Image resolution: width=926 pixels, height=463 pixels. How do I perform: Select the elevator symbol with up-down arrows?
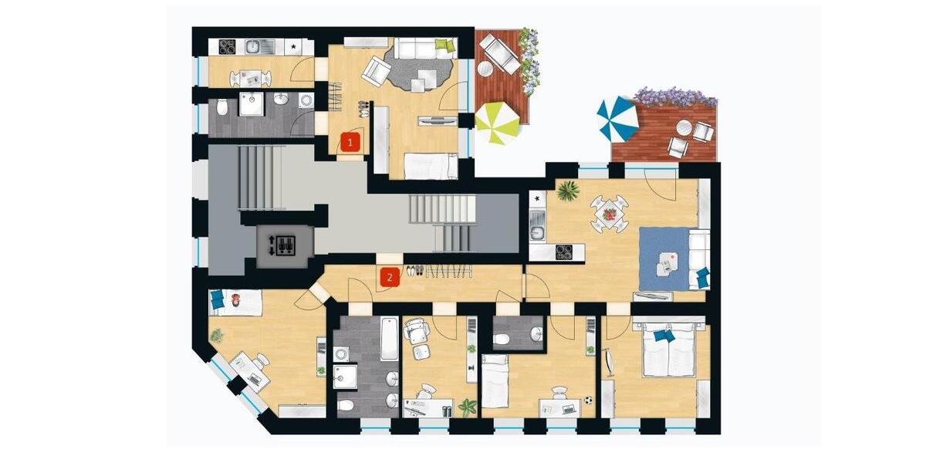point(285,246)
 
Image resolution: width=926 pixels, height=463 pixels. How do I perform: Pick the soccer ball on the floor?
point(588,400)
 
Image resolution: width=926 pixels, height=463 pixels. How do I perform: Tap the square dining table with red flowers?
point(610,213)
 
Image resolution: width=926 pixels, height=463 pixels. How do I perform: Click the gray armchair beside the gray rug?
point(377,70)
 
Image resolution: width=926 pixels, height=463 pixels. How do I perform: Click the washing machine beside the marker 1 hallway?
point(306,100)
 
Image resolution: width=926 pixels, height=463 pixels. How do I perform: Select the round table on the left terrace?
point(485,69)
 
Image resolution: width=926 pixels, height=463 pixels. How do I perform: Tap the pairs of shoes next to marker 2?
point(414,270)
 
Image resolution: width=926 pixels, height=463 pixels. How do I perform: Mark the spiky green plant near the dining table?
point(568,190)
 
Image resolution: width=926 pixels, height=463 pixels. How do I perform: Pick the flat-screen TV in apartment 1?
point(436,120)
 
